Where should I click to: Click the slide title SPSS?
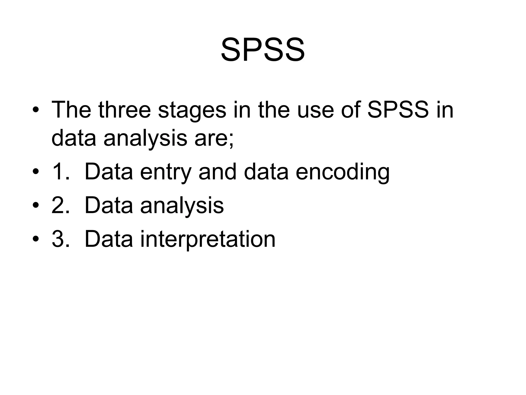point(263,50)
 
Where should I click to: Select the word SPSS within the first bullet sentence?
point(398,110)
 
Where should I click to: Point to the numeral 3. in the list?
point(60,239)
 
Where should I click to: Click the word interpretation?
point(208,239)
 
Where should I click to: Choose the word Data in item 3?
point(109,239)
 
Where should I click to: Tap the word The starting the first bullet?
point(71,110)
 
